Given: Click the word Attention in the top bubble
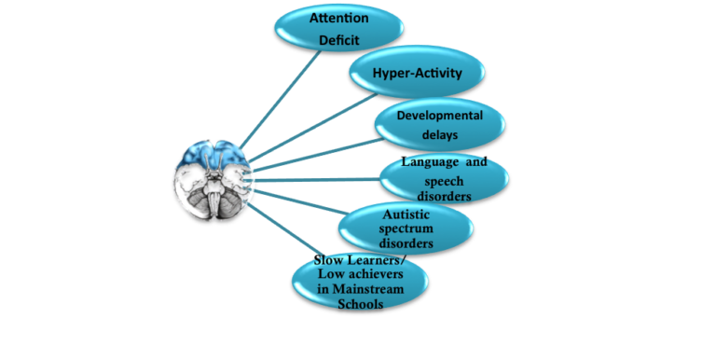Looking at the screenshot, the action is click(x=338, y=18).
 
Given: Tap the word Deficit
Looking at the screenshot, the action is click(x=338, y=40).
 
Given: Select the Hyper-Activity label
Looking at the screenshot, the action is click(x=417, y=73).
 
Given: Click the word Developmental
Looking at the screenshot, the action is click(x=439, y=116).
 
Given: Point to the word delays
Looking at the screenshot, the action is click(x=440, y=135).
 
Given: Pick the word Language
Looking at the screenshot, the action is click(x=430, y=162).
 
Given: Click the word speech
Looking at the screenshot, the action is click(x=444, y=181).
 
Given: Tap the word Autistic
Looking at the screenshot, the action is click(x=406, y=215).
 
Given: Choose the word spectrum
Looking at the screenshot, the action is click(x=406, y=228).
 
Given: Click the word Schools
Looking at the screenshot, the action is click(x=360, y=304).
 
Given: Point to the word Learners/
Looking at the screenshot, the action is click(x=378, y=260).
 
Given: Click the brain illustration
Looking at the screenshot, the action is click(x=213, y=181).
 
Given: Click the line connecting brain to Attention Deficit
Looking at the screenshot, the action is click(x=280, y=100).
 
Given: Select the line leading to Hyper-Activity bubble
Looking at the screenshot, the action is click(x=313, y=129).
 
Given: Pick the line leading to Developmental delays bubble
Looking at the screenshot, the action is click(x=318, y=156).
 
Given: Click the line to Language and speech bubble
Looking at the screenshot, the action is click(x=316, y=180).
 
